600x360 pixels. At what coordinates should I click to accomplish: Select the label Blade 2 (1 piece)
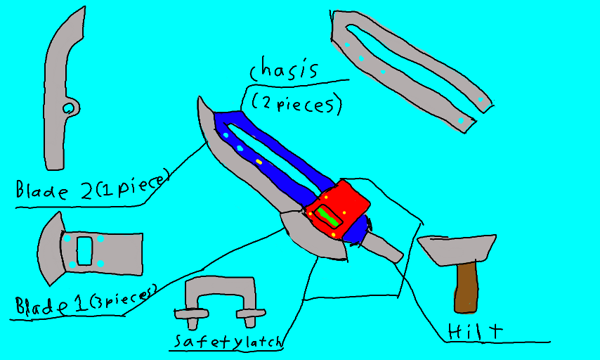91,187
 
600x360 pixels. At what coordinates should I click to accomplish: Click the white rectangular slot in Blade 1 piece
84,251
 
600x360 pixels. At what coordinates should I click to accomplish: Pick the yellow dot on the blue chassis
259,162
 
